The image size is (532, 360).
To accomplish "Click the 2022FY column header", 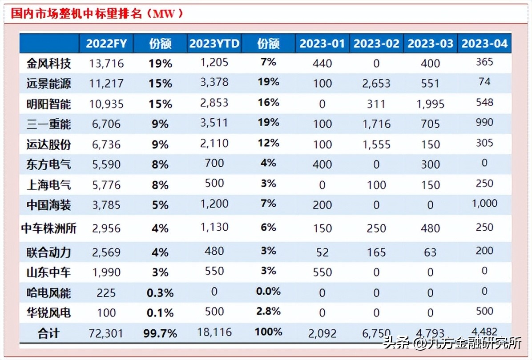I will (106, 43).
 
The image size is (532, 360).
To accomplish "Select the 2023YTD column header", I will (214, 43).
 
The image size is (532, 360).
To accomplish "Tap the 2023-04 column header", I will (484, 43).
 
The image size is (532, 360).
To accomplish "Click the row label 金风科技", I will (48, 64).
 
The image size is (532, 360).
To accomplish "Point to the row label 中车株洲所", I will (48, 228).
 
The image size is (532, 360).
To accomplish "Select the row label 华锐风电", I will (48, 313).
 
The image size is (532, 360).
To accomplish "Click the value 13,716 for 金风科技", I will (106, 64).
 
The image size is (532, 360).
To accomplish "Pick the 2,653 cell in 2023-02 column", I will (376, 84).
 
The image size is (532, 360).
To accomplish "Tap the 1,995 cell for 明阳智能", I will (430, 104).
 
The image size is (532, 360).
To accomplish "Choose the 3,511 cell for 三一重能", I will (214, 123).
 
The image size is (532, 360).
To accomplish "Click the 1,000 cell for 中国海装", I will (484, 203).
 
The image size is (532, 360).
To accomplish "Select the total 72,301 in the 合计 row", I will (106, 333).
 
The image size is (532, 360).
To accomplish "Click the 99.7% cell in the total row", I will (160, 333).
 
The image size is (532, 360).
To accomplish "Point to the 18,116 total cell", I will (214, 332).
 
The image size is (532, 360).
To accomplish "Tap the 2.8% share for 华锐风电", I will (268, 311).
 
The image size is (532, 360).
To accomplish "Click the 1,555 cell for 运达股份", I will (376, 144).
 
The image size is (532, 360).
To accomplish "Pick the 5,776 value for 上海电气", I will (106, 185).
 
